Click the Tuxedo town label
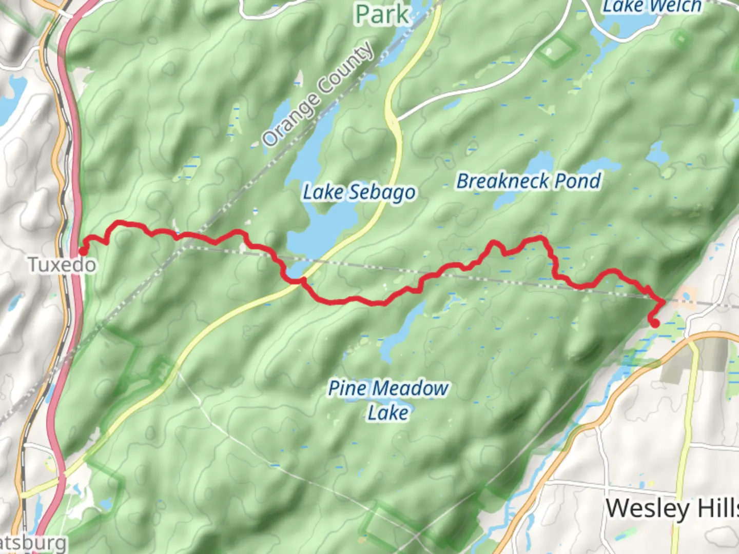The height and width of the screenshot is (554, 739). coord(62,265)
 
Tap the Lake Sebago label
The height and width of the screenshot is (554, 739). coord(359,193)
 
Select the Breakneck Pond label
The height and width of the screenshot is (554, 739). coord(529,181)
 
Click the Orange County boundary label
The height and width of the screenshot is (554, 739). coord(318,94)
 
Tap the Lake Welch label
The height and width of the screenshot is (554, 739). coord(652,7)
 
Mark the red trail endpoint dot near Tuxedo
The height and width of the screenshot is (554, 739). coord(83,251)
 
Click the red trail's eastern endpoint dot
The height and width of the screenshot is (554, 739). coord(655,323)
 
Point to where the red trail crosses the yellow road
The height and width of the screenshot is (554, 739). coord(303,280)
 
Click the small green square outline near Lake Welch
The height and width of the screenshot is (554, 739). coord(682,38)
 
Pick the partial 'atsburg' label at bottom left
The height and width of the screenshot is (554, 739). coord(33,544)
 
